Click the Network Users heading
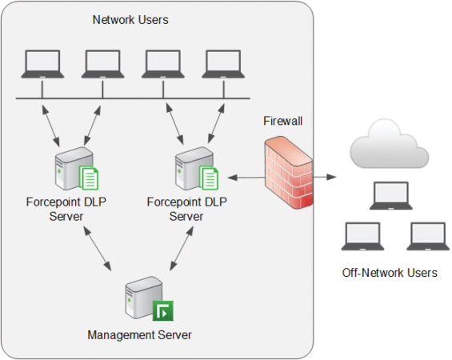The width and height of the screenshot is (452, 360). [x=130, y=20]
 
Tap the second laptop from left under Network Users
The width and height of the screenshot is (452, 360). [x=101, y=64]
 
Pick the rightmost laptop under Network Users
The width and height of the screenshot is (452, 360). [x=222, y=64]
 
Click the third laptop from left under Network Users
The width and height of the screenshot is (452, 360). [x=162, y=64]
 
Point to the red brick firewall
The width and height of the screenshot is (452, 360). [x=288, y=174]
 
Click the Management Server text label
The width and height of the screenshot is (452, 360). [x=140, y=334]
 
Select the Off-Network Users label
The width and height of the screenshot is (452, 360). [x=390, y=273]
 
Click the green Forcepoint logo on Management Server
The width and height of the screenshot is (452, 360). [x=163, y=310]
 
